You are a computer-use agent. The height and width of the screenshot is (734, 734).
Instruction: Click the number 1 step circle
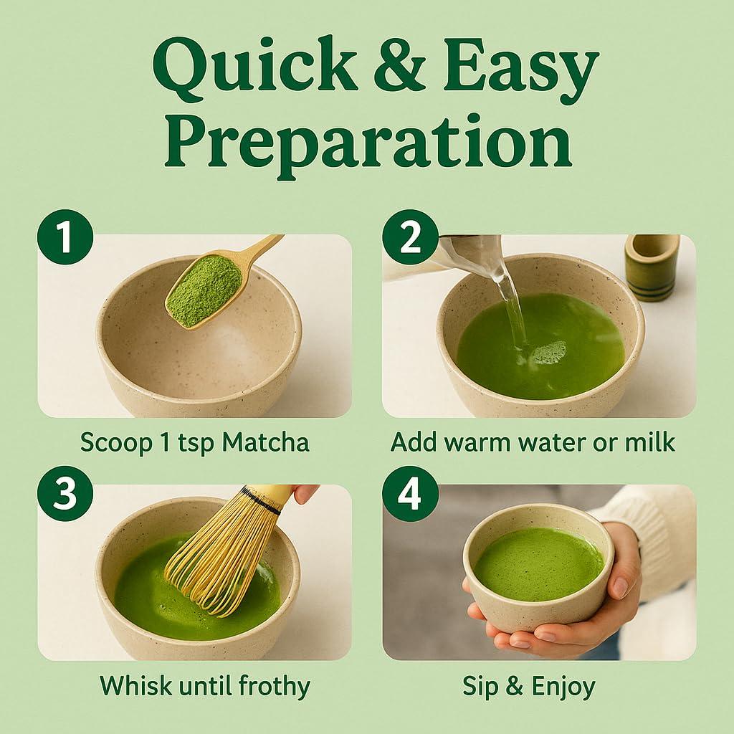(65, 239)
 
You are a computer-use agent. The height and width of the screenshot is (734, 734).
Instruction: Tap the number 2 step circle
(410, 239)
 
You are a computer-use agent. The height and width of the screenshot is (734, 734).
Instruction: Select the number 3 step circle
(65, 495)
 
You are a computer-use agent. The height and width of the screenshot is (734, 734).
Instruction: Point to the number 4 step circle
(410, 495)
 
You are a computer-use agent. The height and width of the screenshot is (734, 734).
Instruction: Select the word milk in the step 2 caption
(649, 442)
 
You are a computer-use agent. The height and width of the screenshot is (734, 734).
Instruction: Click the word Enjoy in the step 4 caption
(563, 686)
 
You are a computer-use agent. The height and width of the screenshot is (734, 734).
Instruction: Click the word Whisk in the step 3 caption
(134, 686)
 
